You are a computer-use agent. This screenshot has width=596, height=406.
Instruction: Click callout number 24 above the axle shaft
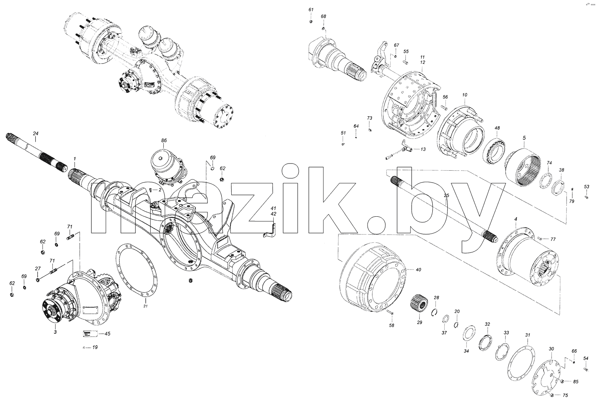click(x=36, y=133)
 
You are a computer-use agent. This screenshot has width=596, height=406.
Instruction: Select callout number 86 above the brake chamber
click(x=164, y=140)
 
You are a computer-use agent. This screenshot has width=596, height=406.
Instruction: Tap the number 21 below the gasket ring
click(x=145, y=306)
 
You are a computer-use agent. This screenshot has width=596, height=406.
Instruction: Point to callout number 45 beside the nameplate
click(x=107, y=334)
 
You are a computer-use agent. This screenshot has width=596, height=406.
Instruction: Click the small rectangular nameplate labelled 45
click(x=89, y=333)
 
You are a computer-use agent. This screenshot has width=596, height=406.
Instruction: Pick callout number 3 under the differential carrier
click(x=55, y=332)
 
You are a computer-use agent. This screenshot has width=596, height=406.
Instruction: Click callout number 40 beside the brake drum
click(x=418, y=270)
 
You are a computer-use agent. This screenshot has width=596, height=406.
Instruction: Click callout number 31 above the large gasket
click(x=528, y=335)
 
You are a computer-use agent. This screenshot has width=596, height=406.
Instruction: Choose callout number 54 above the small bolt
click(x=586, y=358)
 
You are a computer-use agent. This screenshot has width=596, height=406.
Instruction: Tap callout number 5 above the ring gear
click(x=524, y=138)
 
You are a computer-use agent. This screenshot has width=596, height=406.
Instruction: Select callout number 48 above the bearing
click(x=497, y=128)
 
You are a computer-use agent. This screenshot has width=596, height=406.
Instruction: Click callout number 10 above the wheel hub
click(x=464, y=95)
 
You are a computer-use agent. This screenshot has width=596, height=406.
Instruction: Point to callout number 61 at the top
click(x=311, y=10)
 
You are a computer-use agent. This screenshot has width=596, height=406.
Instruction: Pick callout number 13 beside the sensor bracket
click(x=423, y=149)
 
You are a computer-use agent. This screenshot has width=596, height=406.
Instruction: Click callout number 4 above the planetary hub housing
click(x=516, y=219)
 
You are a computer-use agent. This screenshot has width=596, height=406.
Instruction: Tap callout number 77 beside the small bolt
click(x=553, y=239)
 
